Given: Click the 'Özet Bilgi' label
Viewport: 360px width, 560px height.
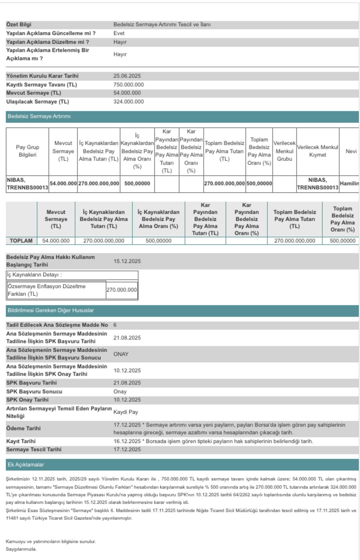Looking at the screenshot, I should (19, 25).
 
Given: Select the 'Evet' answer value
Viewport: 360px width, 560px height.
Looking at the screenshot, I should (119, 33).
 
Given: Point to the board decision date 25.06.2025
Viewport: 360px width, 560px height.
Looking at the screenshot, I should (127, 76).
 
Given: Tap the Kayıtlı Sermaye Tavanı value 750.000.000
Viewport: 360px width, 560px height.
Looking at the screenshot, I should (129, 85).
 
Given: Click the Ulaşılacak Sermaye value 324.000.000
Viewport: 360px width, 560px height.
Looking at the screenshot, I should (129, 102).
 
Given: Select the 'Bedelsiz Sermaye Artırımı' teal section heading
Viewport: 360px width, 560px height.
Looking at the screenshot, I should (39, 116).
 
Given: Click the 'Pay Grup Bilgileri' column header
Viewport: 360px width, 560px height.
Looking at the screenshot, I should (27, 151).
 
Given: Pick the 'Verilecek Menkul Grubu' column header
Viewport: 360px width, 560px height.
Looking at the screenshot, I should (284, 151).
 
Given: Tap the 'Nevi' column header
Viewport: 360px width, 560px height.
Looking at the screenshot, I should (351, 151).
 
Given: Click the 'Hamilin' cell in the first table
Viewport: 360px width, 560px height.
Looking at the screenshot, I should (349, 184).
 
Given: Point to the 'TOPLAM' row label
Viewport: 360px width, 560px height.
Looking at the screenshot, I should (21, 241).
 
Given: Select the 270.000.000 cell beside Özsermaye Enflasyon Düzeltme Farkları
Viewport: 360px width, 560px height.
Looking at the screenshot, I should (122, 290).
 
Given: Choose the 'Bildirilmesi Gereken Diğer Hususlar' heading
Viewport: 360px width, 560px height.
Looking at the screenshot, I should (51, 310).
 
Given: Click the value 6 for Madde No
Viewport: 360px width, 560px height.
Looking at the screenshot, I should (115, 325).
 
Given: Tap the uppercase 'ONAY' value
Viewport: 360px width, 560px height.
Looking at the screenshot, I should (121, 354).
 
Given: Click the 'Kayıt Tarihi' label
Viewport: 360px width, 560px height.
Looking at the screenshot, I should (21, 441).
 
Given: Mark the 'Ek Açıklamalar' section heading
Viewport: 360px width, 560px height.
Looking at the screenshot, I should (26, 465).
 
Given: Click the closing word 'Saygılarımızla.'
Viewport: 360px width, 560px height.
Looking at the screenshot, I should (21, 549).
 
